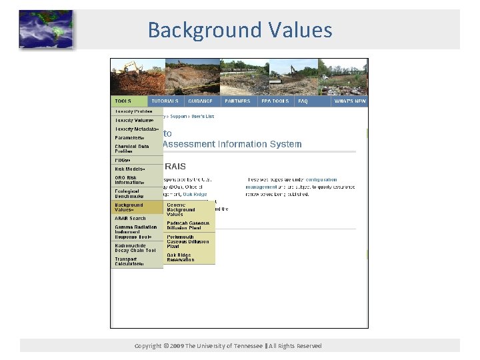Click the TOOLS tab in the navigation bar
[x=123, y=101]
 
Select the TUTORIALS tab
[x=165, y=101]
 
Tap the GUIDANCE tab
[x=200, y=101]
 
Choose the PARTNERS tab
[x=237, y=101]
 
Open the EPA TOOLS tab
[x=275, y=101]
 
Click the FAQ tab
[x=303, y=101]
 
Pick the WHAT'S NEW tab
[x=350, y=101]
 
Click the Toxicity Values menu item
[x=136, y=120]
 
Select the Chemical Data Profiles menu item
[x=132, y=149]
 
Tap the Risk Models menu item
[x=130, y=169]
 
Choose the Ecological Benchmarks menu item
[x=129, y=193]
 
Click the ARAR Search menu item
[x=131, y=218]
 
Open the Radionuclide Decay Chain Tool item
[x=135, y=247]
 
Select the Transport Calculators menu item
[x=129, y=261]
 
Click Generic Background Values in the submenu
[x=181, y=209]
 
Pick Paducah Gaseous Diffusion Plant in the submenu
[x=188, y=225]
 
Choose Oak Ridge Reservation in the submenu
[x=181, y=257]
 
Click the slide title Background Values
[x=239, y=30]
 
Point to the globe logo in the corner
[x=45, y=29]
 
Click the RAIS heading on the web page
[x=175, y=166]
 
